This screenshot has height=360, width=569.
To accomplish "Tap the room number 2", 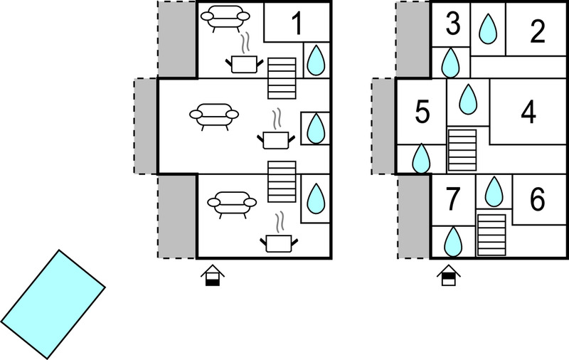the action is (538, 31).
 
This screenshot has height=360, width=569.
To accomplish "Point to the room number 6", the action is (537, 199).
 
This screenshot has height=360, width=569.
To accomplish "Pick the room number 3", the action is (452, 24).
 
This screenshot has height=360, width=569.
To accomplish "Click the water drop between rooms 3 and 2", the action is (488, 29).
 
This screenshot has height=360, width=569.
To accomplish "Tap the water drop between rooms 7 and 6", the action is (494, 191).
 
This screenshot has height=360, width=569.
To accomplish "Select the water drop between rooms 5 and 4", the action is (468, 99).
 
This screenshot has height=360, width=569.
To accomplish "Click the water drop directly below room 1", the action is (316, 60).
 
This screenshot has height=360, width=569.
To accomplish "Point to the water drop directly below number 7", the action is (453, 242).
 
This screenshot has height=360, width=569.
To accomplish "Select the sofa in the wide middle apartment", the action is (214, 117).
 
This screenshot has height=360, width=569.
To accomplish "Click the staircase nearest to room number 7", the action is (491, 235).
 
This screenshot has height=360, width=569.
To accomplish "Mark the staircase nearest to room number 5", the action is (462, 150).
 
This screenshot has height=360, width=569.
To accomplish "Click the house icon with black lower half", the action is (213, 275).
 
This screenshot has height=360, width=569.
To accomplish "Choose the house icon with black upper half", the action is (449, 275).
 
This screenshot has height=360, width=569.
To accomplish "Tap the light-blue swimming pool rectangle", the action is (53, 305).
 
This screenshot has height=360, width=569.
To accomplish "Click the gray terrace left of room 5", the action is (383, 126).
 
